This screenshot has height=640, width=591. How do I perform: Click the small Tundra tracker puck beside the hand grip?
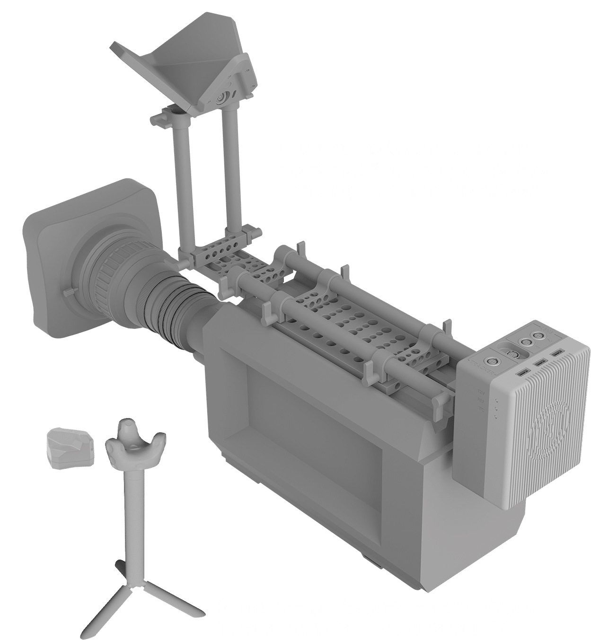click(70, 448)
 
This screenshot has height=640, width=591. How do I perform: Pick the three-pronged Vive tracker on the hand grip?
click(134, 447)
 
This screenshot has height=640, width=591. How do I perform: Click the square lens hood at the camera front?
click(57, 265)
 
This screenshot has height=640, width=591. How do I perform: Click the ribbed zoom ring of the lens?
click(118, 274)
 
